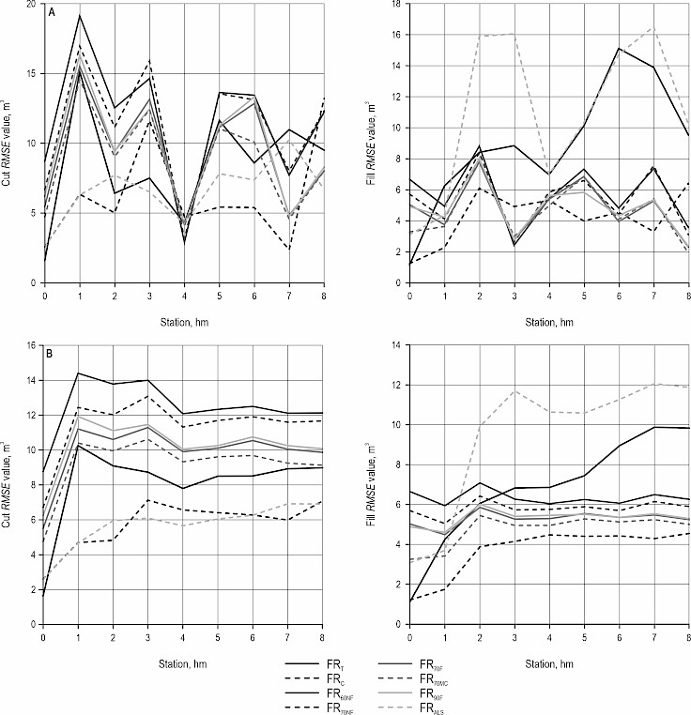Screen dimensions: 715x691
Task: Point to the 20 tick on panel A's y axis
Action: pos(33,4)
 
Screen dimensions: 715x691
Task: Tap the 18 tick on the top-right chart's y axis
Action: pos(399,4)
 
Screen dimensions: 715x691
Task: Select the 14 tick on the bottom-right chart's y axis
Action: pos(399,345)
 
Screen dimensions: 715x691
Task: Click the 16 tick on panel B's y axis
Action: pos(33,345)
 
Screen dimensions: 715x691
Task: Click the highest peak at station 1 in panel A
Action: pos(80,16)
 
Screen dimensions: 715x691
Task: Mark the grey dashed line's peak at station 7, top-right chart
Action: pos(652,28)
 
